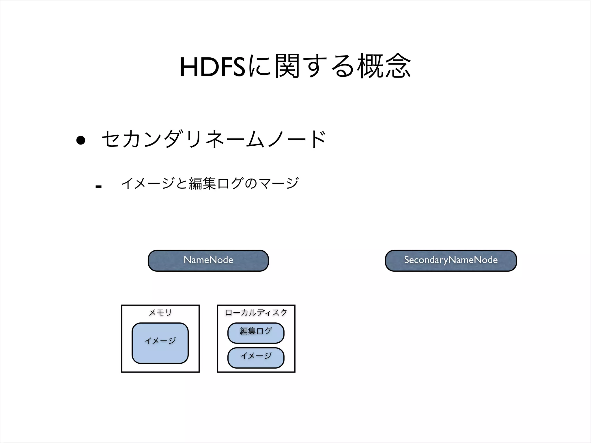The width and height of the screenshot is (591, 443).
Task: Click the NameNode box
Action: [208, 260]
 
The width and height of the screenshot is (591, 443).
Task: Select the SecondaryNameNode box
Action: [451, 260]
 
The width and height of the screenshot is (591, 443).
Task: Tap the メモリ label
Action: [160, 312]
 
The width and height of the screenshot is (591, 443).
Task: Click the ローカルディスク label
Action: [256, 312]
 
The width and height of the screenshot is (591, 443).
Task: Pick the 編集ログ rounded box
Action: [256, 333]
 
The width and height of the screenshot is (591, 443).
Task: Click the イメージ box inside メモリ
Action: [160, 343]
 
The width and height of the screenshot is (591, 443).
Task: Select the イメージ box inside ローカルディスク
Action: [256, 358]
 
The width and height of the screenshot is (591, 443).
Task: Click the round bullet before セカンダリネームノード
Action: [81, 140]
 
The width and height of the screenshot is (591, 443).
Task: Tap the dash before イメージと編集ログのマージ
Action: [98, 187]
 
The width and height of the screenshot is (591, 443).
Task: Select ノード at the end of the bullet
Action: [297, 139]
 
